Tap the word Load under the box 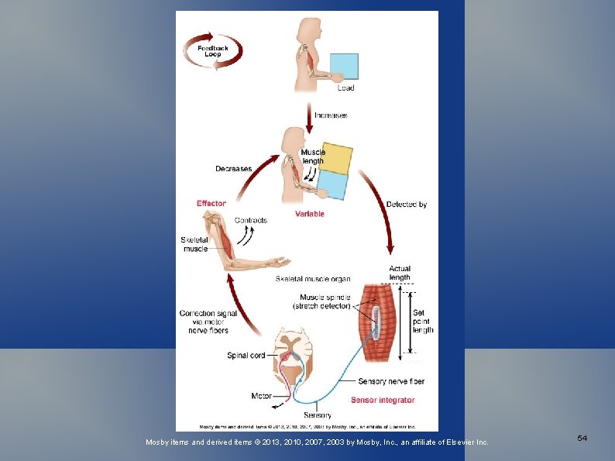point(345,88)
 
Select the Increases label point(331,115)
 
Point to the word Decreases point(233,168)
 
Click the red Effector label point(211,204)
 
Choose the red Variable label point(310,214)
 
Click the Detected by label point(407,205)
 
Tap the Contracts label point(250,220)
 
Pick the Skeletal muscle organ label point(313,279)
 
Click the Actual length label point(400,274)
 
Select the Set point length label point(424,322)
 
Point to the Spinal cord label point(246,356)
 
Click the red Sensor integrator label point(383,401)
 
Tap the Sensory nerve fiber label point(391,381)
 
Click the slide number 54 point(582,439)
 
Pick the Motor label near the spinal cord point(261,396)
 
